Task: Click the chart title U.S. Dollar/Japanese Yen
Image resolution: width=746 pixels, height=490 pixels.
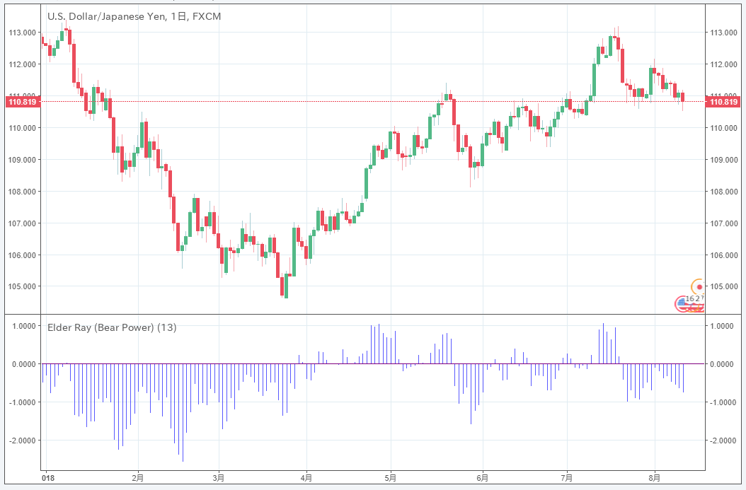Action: click(105, 16)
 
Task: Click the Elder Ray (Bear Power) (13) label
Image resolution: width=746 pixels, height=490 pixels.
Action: click(112, 327)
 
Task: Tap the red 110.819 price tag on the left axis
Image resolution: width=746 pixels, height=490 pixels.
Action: click(22, 102)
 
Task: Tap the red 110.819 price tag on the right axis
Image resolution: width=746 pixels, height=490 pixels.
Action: click(724, 102)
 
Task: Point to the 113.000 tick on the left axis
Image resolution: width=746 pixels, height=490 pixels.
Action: click(23, 33)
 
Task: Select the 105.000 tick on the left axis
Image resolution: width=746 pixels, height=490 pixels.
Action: click(23, 286)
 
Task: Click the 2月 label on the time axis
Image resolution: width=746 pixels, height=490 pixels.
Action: click(138, 479)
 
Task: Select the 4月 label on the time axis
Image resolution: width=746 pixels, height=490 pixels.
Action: click(306, 479)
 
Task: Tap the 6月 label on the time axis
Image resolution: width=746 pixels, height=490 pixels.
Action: click(482, 479)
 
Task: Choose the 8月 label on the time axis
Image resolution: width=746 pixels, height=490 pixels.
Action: click(655, 479)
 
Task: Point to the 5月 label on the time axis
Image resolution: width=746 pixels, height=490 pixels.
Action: click(390, 479)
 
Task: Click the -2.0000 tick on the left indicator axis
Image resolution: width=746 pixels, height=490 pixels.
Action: click(22, 441)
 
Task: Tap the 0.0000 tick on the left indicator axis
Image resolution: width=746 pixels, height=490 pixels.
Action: click(22, 364)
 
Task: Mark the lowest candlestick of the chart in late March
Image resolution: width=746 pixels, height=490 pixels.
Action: click(286, 286)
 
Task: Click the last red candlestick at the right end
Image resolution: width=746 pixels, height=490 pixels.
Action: click(683, 97)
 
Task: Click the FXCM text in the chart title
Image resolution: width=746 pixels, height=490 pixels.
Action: click(207, 16)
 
